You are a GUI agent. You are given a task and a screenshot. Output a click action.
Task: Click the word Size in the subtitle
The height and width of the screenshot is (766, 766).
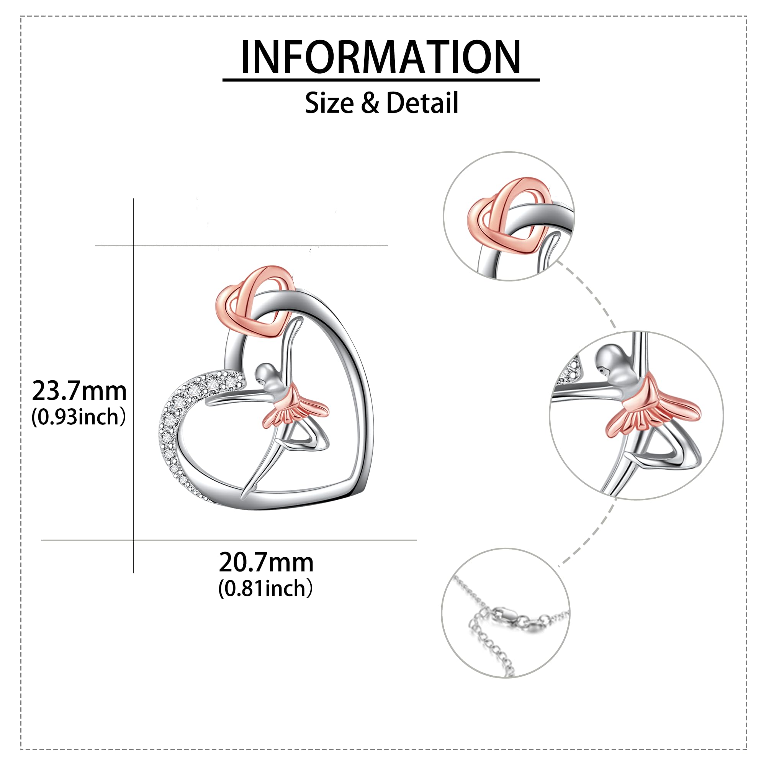coord(329,103)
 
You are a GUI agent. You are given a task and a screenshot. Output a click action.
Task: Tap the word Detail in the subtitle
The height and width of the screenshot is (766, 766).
coord(422,103)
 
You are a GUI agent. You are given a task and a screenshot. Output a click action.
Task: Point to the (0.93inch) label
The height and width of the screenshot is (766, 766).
coord(79,417)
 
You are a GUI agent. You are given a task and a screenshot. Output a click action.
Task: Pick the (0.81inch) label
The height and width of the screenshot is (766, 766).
coord(265,588)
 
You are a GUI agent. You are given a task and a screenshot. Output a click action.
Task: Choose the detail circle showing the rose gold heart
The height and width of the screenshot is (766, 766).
coord(509,216)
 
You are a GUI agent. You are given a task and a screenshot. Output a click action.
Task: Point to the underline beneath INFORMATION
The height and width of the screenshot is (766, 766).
coord(381,80)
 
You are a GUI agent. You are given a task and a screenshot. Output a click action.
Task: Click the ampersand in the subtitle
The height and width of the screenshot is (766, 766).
coord(370,103)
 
